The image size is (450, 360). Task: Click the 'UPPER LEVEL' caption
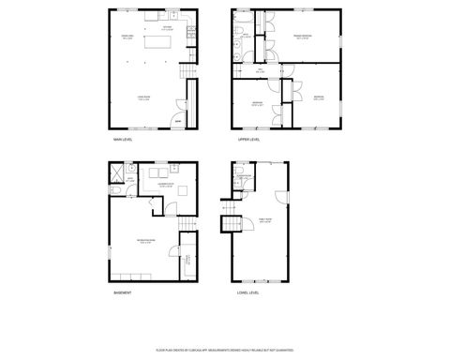[x=248, y=140]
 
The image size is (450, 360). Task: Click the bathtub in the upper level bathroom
[x=240, y=20]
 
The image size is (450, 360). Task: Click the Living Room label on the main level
[x=146, y=97]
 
